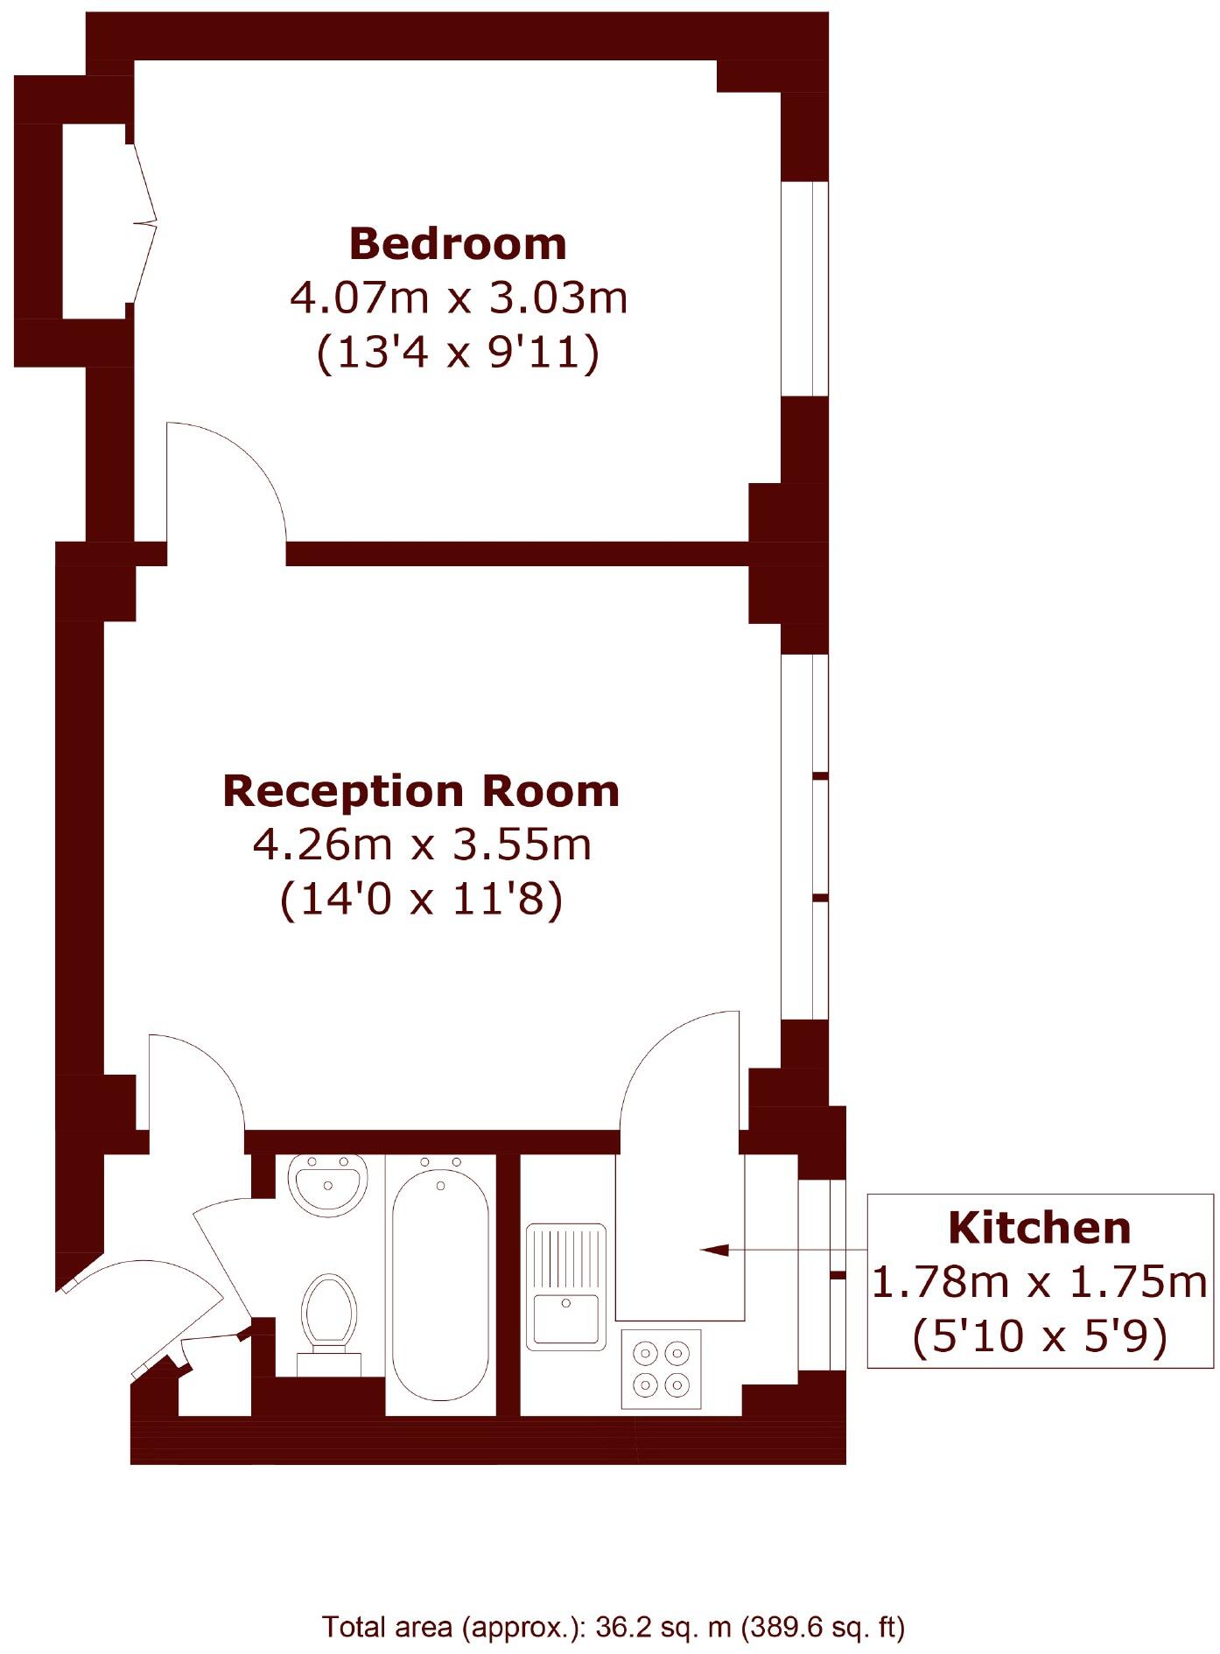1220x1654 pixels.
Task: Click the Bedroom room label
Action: click(458, 244)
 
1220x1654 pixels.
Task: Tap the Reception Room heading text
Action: click(421, 791)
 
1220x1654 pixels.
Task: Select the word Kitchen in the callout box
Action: click(1039, 1229)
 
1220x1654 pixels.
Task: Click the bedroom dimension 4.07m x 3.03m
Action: click(459, 298)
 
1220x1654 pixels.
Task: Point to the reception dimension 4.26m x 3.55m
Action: click(422, 845)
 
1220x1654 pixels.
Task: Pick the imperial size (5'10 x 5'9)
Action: click(1039, 1336)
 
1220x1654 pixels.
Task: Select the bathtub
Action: click(440, 1282)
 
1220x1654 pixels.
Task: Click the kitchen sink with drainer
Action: click(566, 1286)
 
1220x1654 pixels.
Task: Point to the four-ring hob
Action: click(661, 1369)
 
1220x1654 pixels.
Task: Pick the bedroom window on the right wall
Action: click(804, 289)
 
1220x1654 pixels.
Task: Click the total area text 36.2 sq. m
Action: click(662, 1627)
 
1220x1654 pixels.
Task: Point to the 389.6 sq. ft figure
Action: click(822, 1627)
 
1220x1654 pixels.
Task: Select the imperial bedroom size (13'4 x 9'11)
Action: click(459, 353)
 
